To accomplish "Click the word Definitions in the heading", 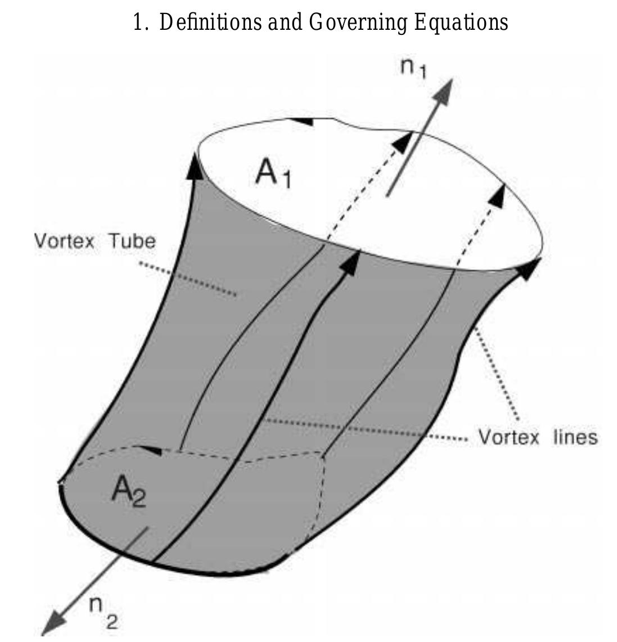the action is coord(210,22).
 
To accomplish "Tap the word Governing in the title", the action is coord(358,23).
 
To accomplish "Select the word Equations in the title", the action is coord(461,23).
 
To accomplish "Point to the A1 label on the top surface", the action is coord(273,174).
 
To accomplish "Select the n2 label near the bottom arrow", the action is coord(103,612).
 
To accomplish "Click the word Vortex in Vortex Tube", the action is coord(64,241).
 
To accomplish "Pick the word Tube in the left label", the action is coord(132,241).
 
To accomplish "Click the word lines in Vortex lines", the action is coord(575,437).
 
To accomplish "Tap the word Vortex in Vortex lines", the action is coord(509,437).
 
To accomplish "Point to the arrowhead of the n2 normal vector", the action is coord(55,623).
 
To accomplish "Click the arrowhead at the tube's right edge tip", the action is coord(529,268).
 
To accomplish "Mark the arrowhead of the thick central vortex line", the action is coord(350,263).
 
